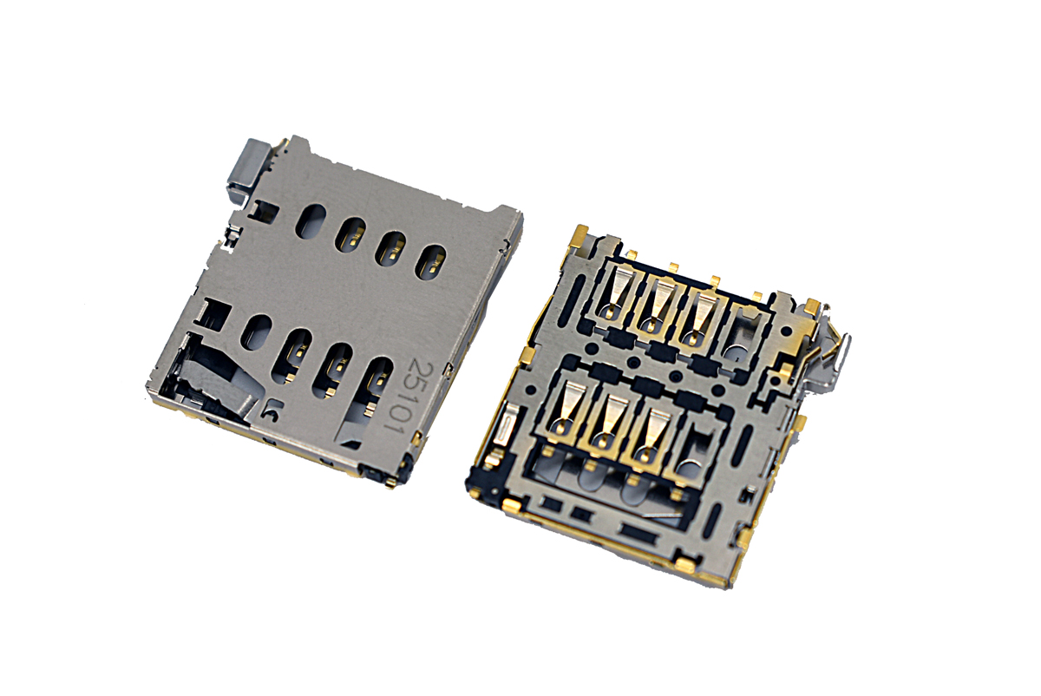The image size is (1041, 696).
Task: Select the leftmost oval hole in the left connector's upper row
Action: (311, 221)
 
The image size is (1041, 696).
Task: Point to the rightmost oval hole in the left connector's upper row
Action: (431, 262)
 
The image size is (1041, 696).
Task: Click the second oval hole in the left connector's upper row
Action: (350, 235)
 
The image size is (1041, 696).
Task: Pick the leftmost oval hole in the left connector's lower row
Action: (257, 332)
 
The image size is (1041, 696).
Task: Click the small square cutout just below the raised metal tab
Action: (265, 211)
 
